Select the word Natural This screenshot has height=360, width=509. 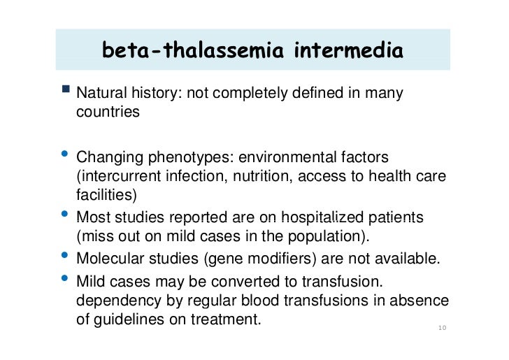pyautogui.click(x=99, y=93)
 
